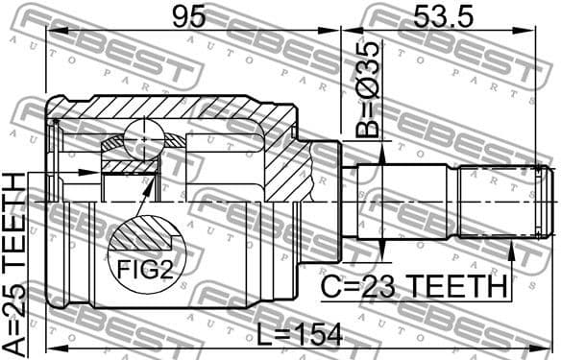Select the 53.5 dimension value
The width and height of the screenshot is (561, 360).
click(443, 17)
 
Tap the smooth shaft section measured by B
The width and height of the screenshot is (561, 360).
click(403, 202)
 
